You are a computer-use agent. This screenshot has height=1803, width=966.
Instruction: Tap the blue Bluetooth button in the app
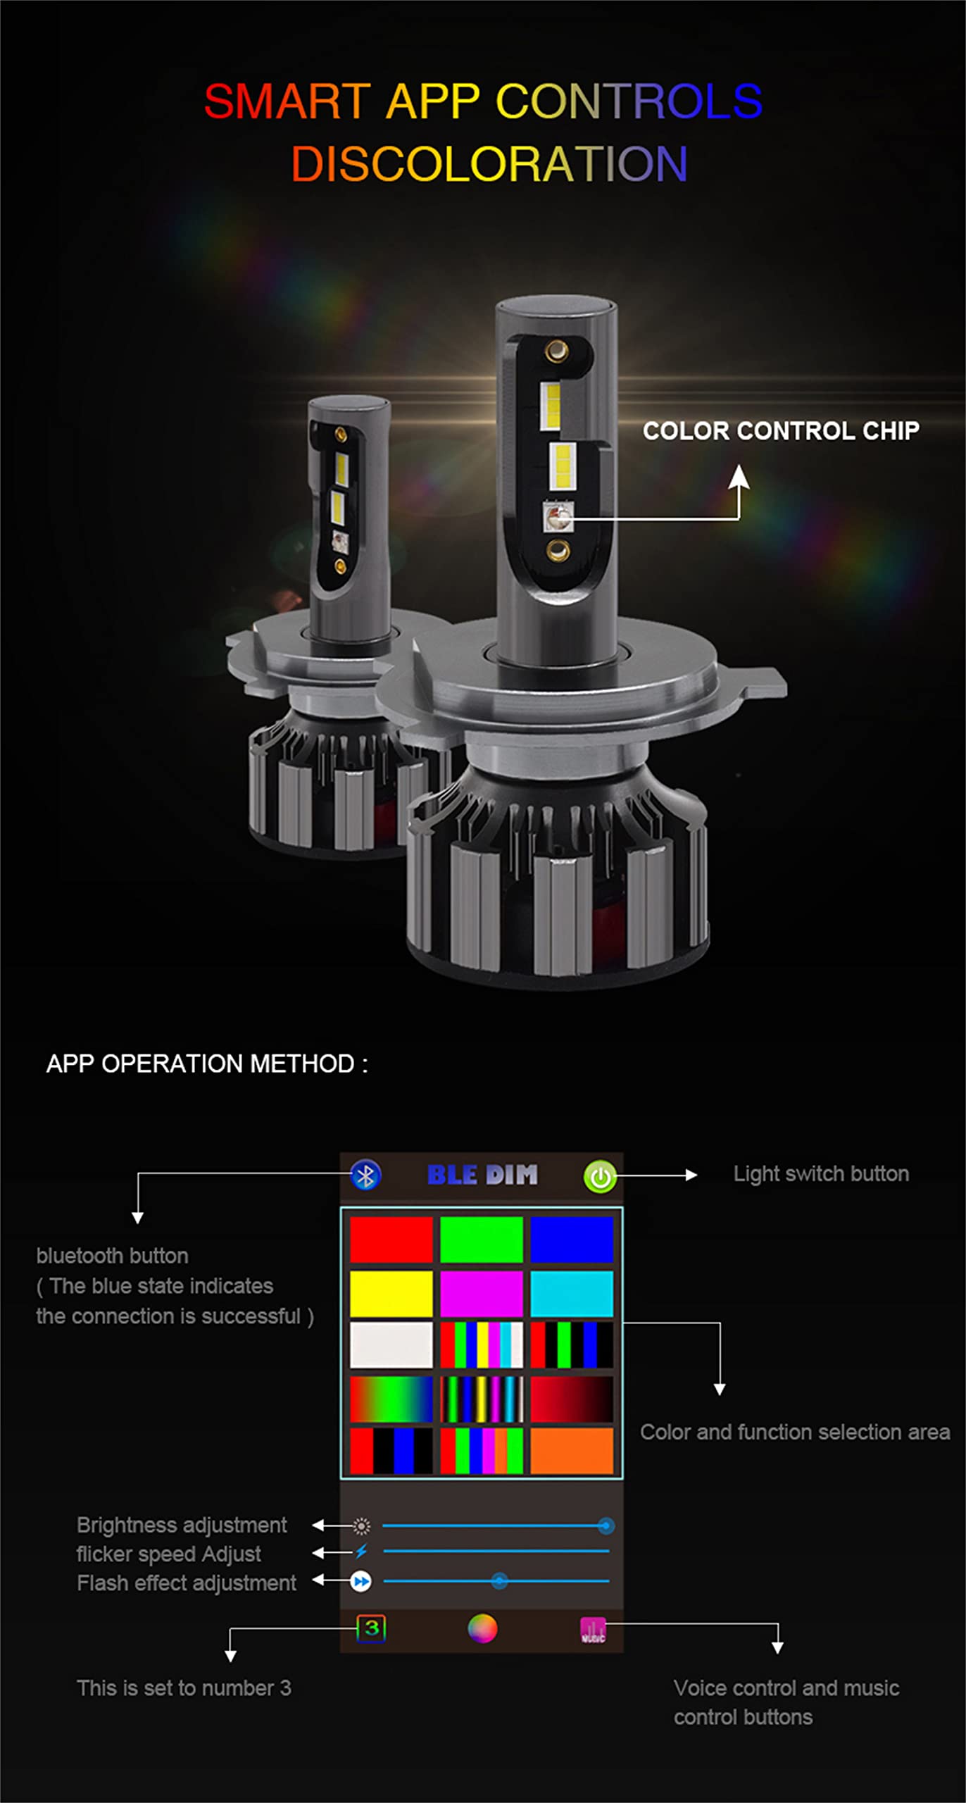coord(365,1175)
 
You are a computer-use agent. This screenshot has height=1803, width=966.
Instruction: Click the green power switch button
coord(600,1176)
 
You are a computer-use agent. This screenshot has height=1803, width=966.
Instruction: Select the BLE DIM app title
coord(482,1175)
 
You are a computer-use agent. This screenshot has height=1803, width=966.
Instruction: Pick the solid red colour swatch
coord(391,1240)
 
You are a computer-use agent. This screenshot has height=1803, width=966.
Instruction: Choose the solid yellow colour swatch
coord(391,1294)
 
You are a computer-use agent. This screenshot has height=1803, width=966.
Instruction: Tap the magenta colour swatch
coord(482,1294)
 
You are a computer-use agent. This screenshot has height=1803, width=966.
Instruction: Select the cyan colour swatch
coord(572,1294)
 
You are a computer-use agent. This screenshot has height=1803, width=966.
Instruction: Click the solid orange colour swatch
coord(572,1451)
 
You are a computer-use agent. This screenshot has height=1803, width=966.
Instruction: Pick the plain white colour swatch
coord(391,1345)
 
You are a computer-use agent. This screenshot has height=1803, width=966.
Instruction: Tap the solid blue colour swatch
coord(572,1240)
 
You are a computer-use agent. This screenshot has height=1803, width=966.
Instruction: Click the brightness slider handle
coord(606,1526)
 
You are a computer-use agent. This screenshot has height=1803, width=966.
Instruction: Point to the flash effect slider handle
coord(499,1581)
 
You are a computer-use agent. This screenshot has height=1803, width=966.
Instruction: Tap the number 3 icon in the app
coord(371,1628)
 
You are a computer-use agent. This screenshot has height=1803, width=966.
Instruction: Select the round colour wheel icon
coord(482,1628)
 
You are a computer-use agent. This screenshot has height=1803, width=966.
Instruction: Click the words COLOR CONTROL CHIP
coord(781,431)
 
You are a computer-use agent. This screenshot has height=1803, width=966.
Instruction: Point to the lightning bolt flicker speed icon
coord(361,1552)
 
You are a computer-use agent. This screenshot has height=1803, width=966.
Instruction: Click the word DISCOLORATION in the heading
coord(489,164)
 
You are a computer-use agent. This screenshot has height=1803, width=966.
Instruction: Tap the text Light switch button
coord(821,1174)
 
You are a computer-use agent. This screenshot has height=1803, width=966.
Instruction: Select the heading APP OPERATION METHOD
coord(207,1063)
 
